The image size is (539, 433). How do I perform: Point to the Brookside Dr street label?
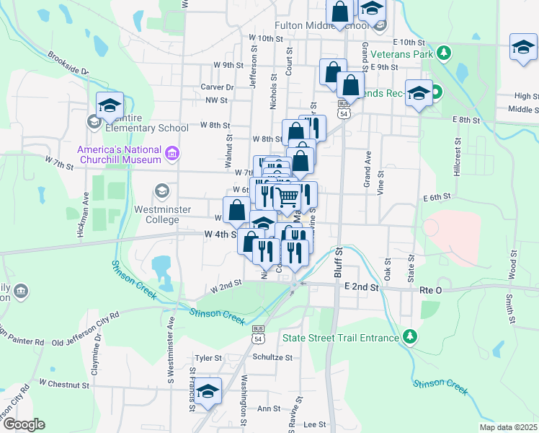(68, 63)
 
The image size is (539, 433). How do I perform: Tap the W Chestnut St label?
(63, 385)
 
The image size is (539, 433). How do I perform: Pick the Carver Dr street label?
(215, 87)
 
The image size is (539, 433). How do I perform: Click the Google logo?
(24, 424)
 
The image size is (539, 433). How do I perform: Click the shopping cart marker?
(288, 196)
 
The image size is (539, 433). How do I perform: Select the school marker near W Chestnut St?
(208, 392)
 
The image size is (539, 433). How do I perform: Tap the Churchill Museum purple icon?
(171, 154)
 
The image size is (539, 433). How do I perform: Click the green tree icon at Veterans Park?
(445, 53)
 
